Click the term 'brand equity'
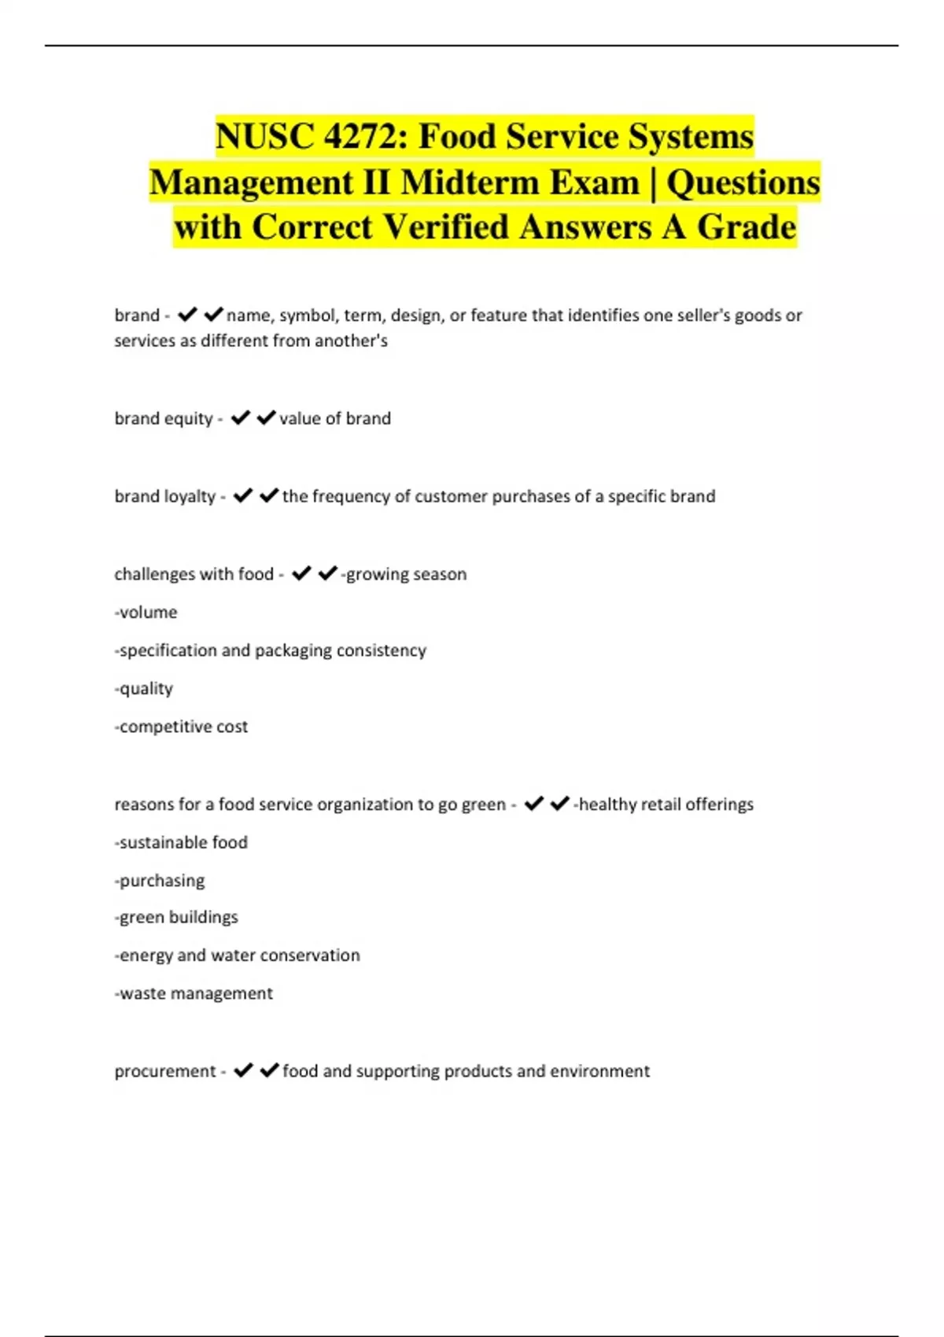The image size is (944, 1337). [164, 418]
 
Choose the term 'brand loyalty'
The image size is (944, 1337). [164, 496]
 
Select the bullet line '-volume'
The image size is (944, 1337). [146, 612]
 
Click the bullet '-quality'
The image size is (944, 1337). [144, 688]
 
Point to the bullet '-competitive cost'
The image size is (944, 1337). [181, 727]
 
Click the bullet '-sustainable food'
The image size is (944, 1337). [181, 842]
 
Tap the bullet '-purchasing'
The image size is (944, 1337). [160, 880]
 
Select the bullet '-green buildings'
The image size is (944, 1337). [176, 917]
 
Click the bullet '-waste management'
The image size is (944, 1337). [194, 993]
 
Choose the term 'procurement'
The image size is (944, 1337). [164, 1071]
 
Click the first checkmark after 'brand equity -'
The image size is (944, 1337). [241, 418]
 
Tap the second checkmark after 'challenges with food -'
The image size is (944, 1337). [327, 573]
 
